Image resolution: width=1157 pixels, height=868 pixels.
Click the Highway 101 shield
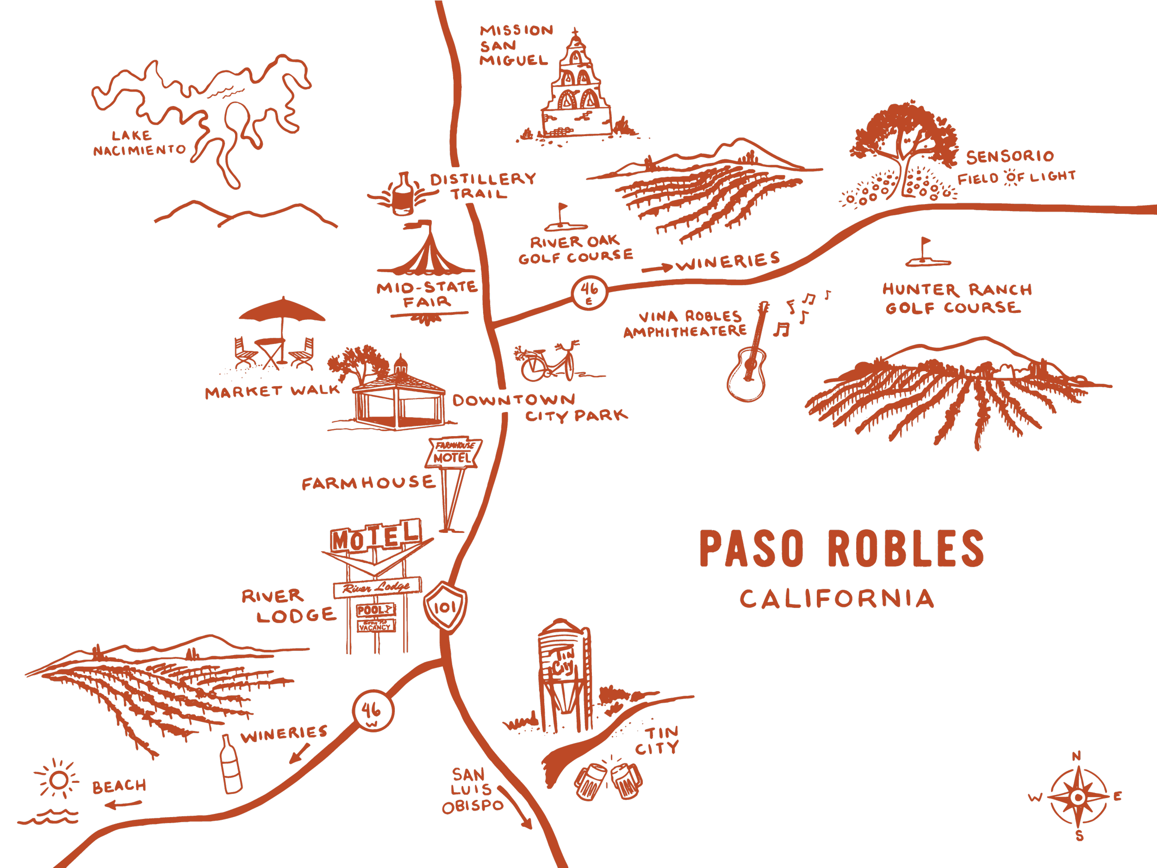point(445,607)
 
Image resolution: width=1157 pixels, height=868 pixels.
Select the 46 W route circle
point(372,711)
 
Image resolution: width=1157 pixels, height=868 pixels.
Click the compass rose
point(1077,797)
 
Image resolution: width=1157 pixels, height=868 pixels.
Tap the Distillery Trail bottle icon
point(403,194)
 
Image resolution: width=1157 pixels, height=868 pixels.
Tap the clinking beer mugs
point(608,780)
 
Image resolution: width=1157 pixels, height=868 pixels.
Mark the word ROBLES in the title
point(905,548)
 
